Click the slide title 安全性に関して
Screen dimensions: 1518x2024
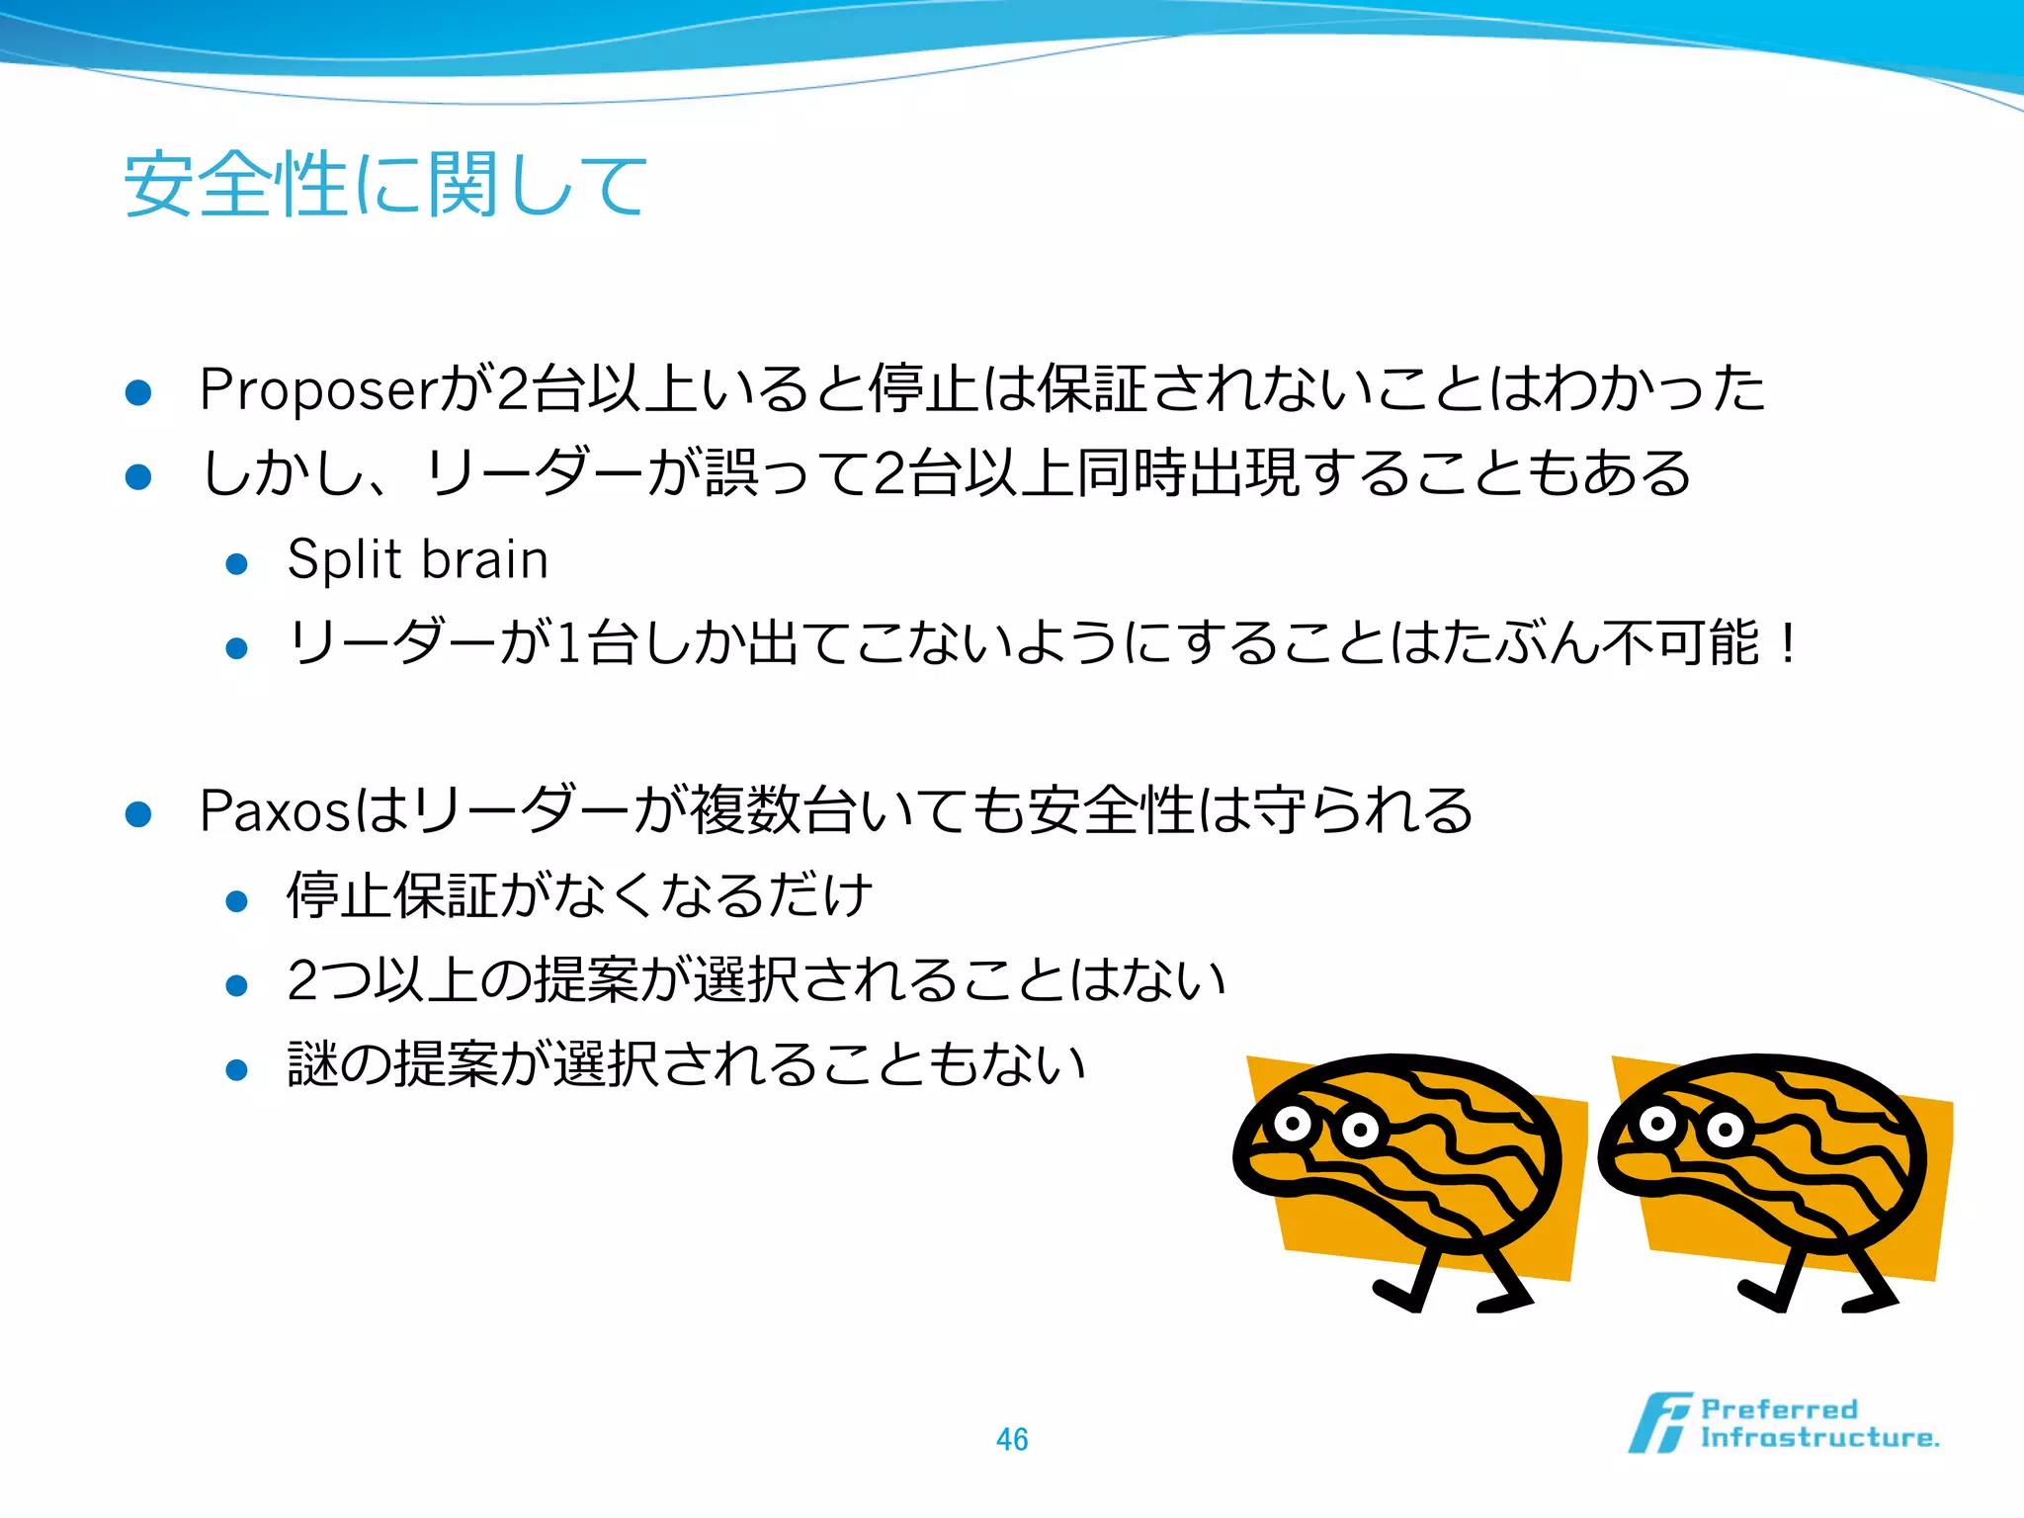[385, 185]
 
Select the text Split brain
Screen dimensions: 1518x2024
[417, 560]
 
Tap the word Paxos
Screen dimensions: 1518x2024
[274, 811]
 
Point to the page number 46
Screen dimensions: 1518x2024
[1012, 1439]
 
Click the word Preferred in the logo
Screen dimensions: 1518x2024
[1779, 1409]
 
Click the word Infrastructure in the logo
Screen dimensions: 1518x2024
[1818, 1438]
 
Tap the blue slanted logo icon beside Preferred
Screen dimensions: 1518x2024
[1659, 1423]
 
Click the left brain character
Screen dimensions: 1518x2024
[1403, 1176]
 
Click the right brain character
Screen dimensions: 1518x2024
[1769, 1176]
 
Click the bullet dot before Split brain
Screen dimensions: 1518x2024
[236, 564]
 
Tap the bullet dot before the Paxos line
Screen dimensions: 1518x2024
[138, 814]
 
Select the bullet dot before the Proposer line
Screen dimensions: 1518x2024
[138, 392]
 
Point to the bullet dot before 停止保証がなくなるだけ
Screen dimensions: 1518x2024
[236, 900]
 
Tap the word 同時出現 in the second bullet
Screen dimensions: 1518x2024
[1186, 473]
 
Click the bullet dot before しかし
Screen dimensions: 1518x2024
[138, 477]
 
